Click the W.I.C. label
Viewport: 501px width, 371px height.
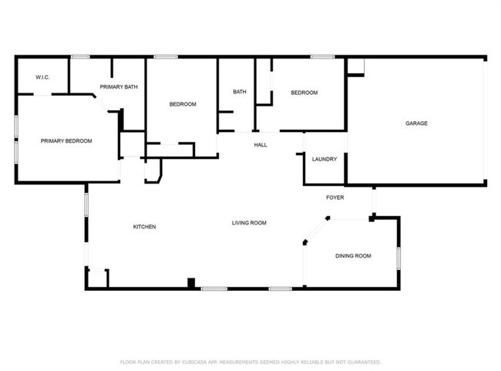pos(42,77)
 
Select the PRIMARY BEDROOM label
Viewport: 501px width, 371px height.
pos(66,141)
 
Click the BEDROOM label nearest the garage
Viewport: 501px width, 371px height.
pos(304,93)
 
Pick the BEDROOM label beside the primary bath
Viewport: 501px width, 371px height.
pos(183,104)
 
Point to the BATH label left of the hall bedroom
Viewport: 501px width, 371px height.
pos(240,93)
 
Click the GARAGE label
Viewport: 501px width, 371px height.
pos(416,123)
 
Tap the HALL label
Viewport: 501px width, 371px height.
pos(261,144)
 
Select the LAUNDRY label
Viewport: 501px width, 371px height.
pos(324,160)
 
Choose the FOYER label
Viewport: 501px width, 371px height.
pos(335,197)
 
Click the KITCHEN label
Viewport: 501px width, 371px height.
pos(145,227)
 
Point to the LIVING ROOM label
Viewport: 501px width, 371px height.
pos(249,223)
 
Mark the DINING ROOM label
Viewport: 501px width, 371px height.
pos(353,255)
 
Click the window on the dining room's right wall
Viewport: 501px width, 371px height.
pos(398,257)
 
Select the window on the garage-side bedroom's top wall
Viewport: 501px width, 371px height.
pos(322,56)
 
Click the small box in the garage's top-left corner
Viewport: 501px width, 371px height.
pos(355,67)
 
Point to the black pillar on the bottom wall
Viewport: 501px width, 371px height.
pos(191,283)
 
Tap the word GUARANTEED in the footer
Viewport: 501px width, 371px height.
pos(361,362)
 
